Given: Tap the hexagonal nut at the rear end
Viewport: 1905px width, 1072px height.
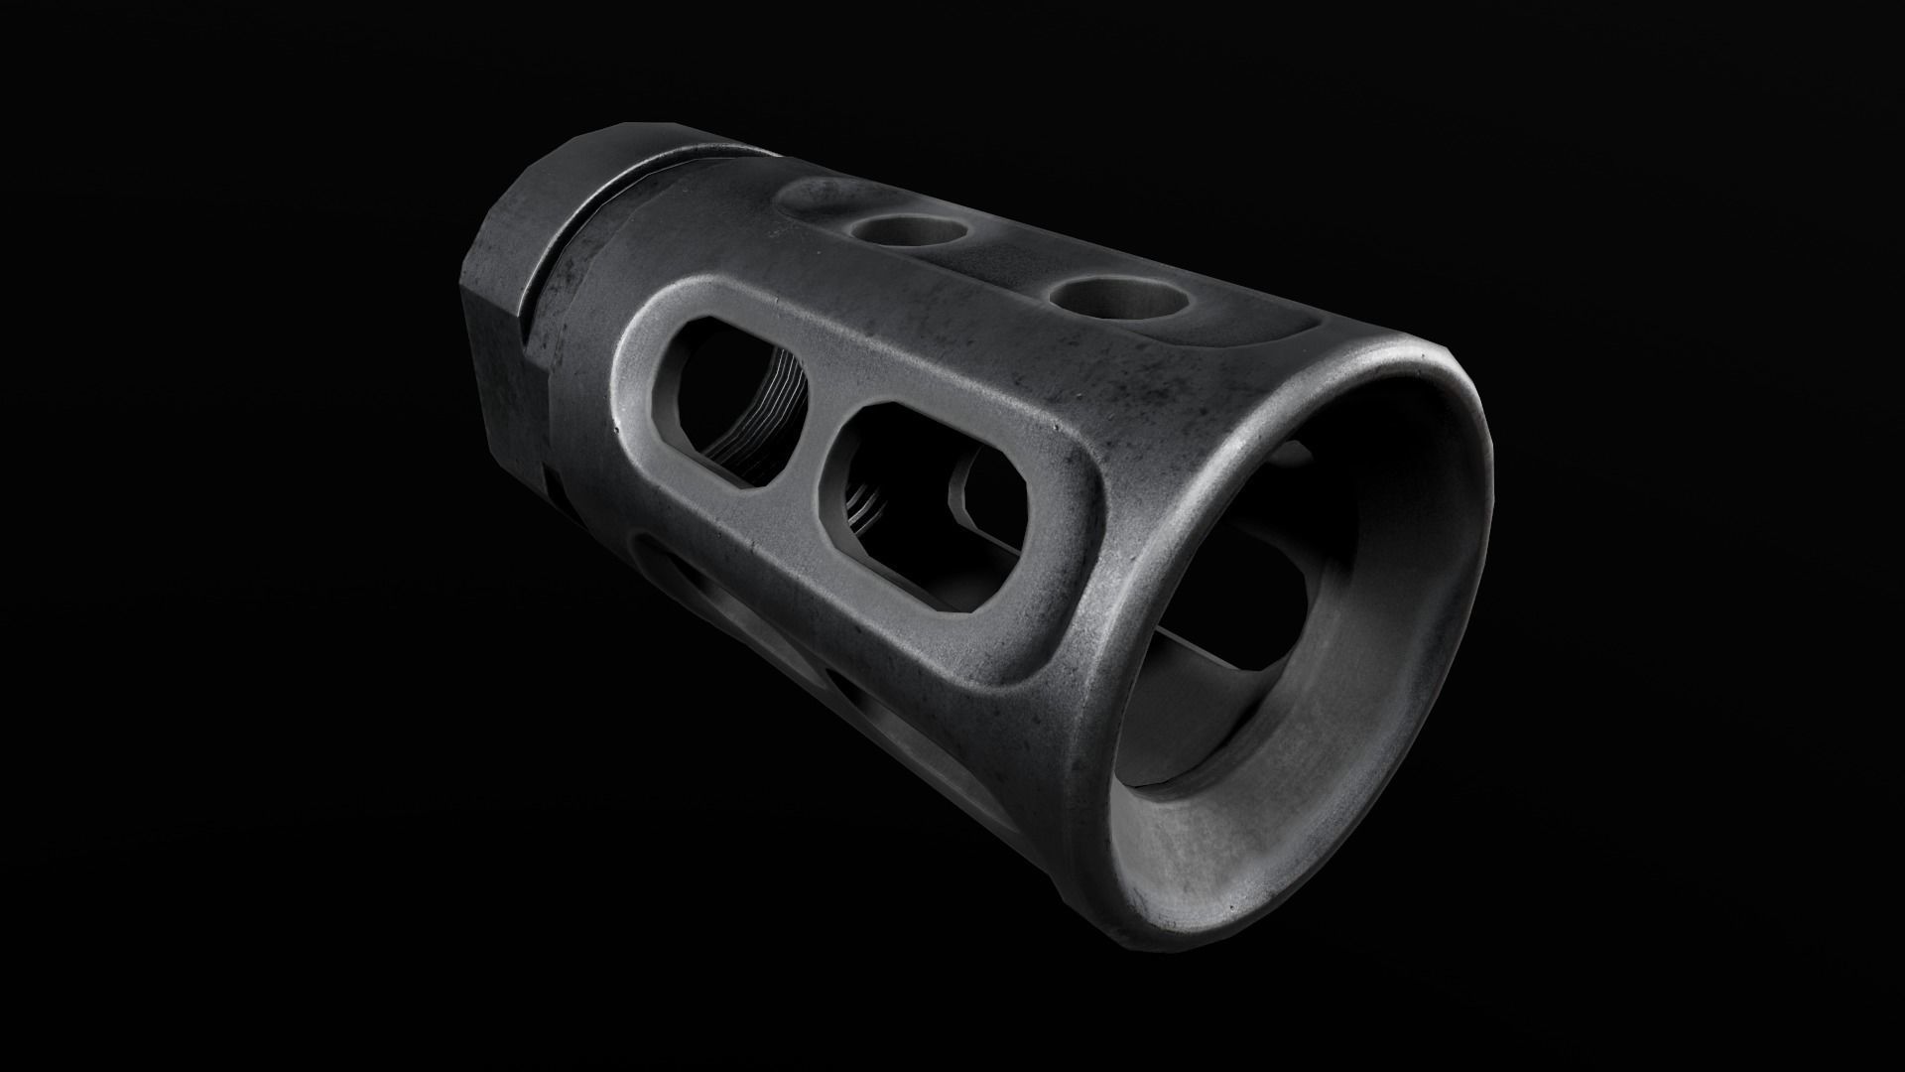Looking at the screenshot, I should [516, 298].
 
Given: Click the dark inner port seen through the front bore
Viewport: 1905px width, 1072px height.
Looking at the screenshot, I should [1260, 596].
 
